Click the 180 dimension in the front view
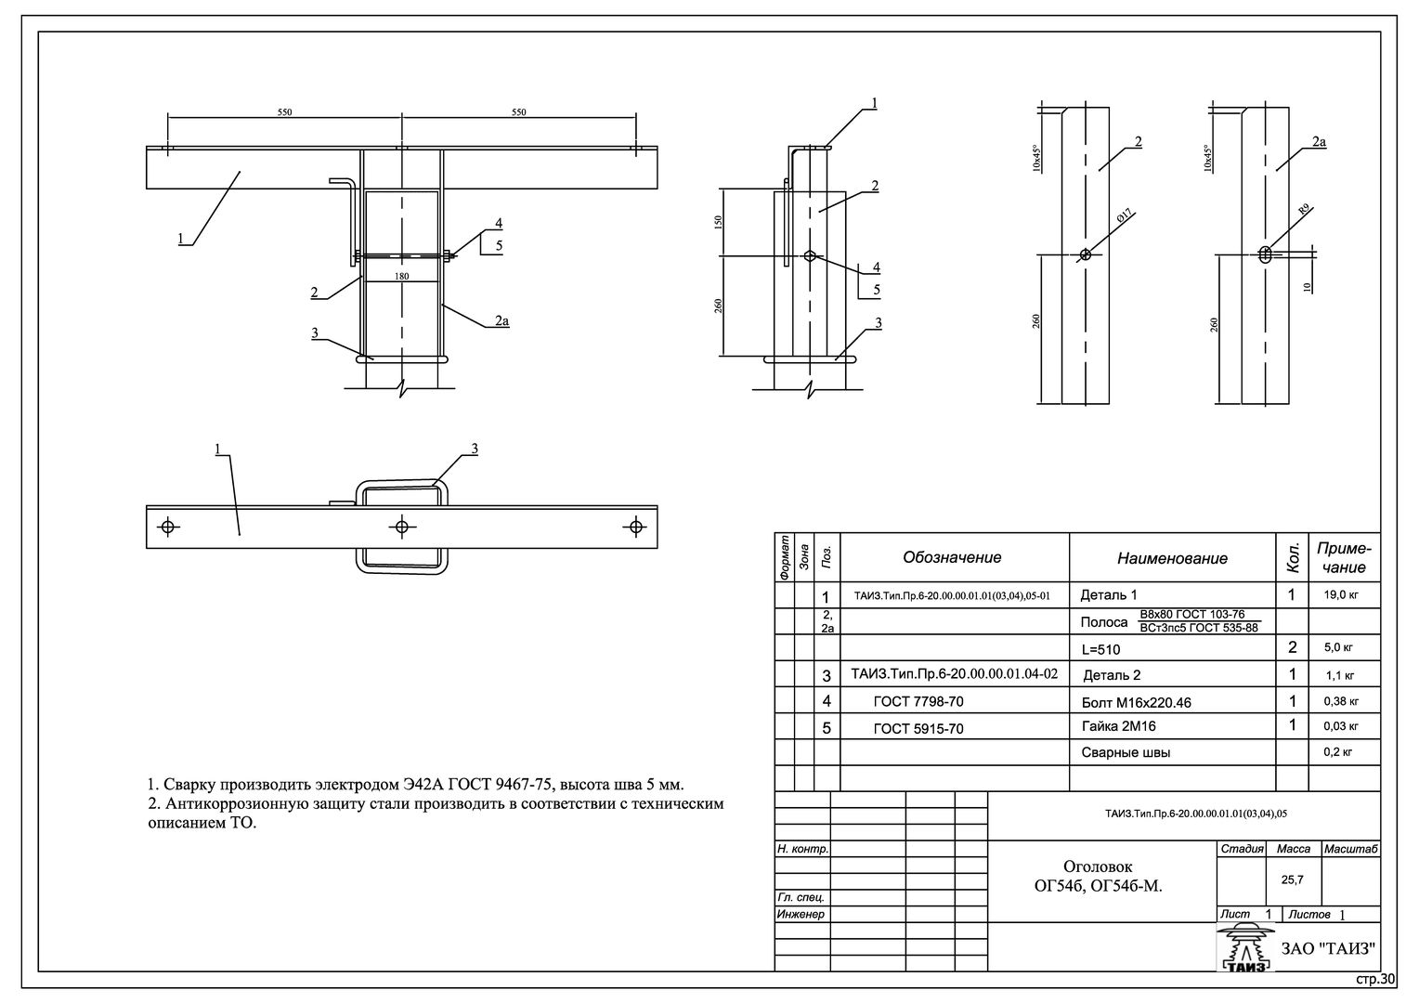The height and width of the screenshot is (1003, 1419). click(x=401, y=276)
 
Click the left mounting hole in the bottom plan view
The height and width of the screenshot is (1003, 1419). click(x=168, y=527)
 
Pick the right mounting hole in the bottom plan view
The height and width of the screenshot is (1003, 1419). click(x=635, y=527)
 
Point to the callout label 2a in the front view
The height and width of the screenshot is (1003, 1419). click(x=501, y=320)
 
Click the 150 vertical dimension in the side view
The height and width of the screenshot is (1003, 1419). click(x=718, y=222)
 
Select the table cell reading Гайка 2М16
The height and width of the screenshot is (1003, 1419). click(x=1119, y=726)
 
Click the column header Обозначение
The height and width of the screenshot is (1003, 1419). click(x=952, y=557)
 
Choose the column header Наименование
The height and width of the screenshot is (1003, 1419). click(x=1172, y=558)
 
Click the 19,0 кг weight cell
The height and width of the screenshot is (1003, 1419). click(x=1341, y=595)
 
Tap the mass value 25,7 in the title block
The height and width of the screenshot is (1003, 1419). click(x=1292, y=879)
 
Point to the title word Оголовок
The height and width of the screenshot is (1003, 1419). click(x=1098, y=866)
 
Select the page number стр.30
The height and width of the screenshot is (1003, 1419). click(x=1375, y=979)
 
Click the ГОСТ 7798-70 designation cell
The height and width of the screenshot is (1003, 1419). click(x=918, y=701)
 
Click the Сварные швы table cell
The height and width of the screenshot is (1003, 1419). click(x=1126, y=753)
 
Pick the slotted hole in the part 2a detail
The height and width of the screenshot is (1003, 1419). click(x=1265, y=254)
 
